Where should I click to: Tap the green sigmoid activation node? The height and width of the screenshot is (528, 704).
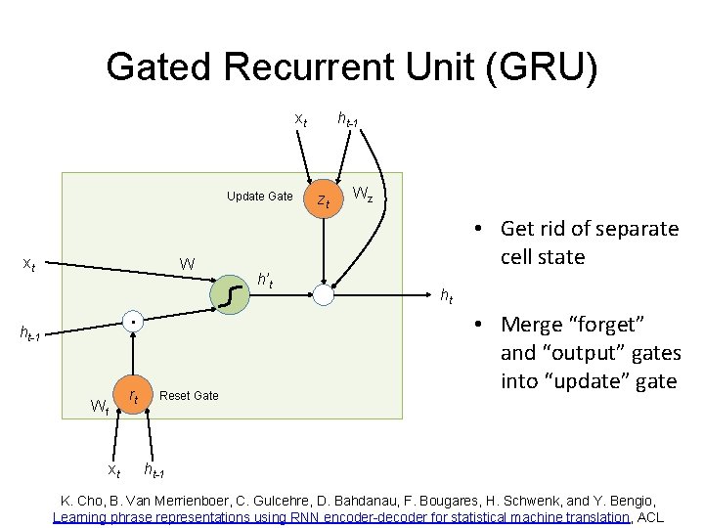229,291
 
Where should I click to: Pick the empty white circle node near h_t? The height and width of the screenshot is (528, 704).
325,293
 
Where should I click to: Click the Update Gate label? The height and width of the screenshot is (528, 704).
259,197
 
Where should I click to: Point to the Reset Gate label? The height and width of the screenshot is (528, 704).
189,395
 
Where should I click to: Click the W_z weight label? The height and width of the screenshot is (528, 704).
362,194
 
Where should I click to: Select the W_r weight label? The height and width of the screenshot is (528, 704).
100,405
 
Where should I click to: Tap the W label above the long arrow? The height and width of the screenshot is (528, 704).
187,264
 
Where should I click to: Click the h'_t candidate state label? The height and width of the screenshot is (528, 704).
264,283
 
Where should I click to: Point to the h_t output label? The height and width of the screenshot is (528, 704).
446,295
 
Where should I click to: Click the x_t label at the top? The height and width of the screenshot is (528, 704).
302,119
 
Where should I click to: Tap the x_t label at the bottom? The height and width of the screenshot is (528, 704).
113,471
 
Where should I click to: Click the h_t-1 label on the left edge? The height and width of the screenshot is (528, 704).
31,334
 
